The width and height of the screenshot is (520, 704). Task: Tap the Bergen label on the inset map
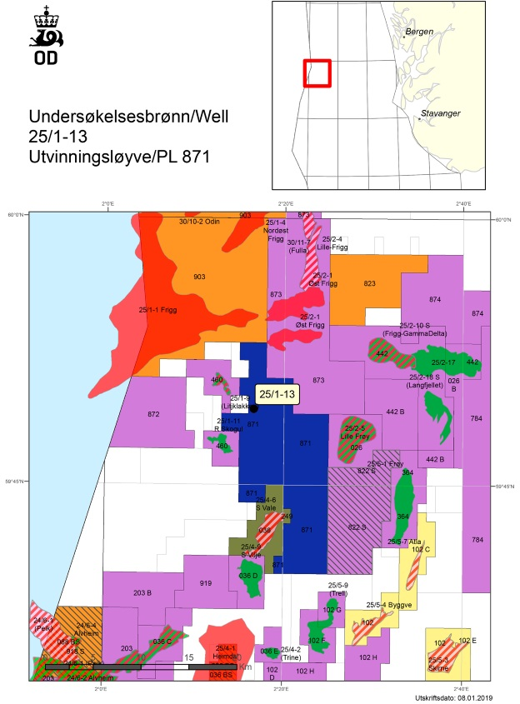(x=418, y=32)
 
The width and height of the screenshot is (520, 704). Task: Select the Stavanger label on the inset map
(x=442, y=112)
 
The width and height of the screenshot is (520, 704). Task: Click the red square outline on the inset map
(x=317, y=72)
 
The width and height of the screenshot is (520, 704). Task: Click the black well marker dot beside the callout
(x=254, y=408)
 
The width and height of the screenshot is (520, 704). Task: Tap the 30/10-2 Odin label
(x=199, y=222)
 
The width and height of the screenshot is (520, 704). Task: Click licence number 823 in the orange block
(x=370, y=283)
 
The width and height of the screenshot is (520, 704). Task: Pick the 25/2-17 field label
(x=443, y=362)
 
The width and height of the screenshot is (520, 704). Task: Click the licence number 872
(x=152, y=414)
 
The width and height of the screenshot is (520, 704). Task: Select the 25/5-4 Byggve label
(x=386, y=606)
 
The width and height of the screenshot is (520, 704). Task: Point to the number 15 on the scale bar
(x=188, y=657)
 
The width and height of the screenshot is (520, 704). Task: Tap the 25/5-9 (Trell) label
(x=337, y=590)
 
